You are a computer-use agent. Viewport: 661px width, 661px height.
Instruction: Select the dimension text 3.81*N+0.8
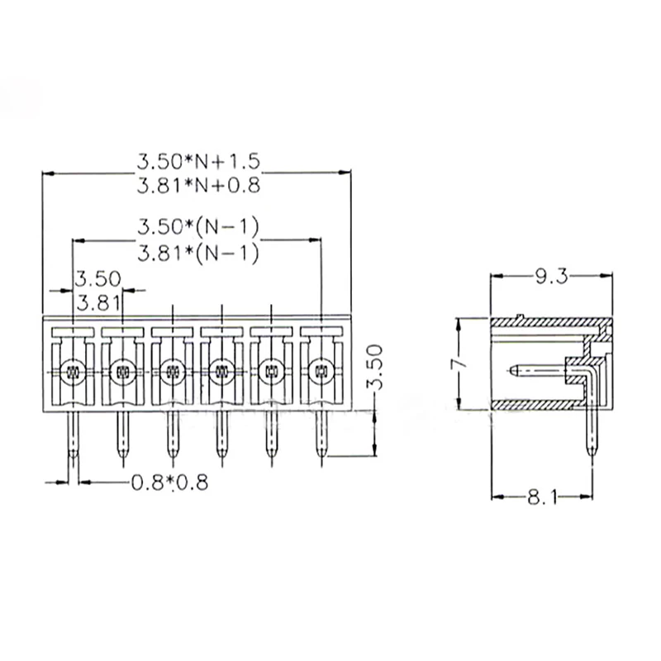197,186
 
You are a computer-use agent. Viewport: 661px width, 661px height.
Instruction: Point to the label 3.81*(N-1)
197,253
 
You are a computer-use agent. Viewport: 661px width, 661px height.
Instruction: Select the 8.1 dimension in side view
543,497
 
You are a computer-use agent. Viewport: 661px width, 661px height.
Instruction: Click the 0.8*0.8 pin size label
169,482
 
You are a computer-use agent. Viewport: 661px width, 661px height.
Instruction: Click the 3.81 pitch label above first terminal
98,302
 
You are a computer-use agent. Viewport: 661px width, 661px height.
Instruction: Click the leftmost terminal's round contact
73,371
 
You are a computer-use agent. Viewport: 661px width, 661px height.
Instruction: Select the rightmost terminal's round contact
320,371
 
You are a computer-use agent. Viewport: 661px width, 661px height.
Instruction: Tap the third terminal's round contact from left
172,371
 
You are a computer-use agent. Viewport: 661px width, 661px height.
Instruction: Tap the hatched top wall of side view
545,323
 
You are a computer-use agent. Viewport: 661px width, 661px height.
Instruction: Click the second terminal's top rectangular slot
122,332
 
